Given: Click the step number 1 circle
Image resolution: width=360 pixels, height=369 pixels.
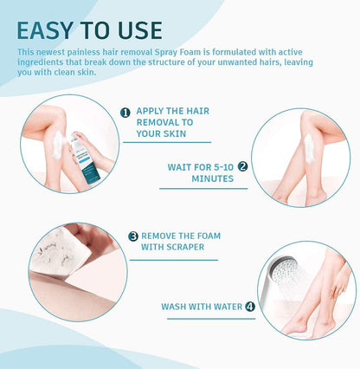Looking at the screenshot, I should click(125, 112).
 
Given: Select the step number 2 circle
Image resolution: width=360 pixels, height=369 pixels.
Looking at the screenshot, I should click(243, 165).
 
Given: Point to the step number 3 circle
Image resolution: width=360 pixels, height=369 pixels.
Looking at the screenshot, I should click(133, 235).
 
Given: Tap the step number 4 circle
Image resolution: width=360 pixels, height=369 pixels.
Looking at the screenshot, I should click(250, 306).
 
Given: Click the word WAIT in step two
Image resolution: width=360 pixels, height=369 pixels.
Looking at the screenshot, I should click(181, 165).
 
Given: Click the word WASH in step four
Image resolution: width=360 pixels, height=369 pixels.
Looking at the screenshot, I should click(177, 306).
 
